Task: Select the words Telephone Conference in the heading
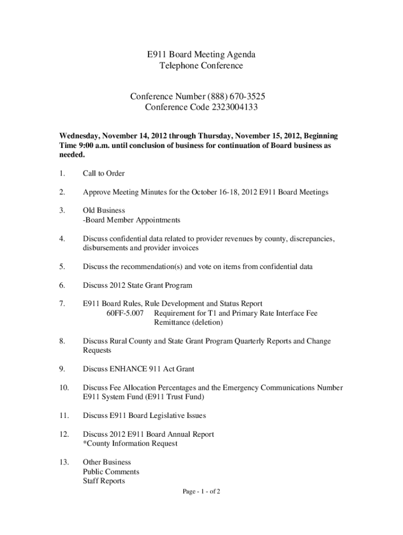click(201, 66)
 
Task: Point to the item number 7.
click(62, 304)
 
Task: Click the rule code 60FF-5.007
click(125, 313)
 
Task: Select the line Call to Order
click(104, 173)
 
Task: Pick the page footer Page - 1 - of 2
click(201, 492)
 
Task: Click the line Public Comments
click(111, 472)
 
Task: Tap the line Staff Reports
click(104, 481)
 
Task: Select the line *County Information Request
click(130, 444)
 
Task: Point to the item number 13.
click(64, 462)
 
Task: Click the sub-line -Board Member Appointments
click(131, 220)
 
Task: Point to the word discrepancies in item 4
click(307, 239)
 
